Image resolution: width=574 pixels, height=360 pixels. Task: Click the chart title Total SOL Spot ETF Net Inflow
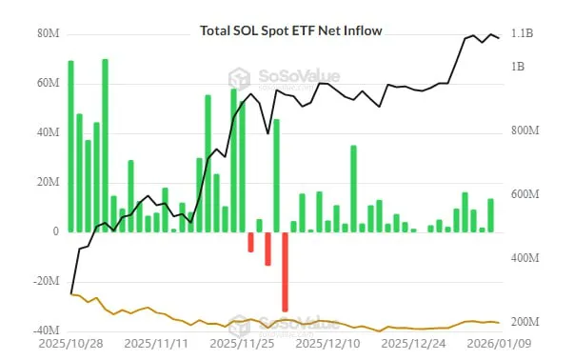click(x=290, y=30)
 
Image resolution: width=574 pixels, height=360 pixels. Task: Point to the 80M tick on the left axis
click(x=49, y=34)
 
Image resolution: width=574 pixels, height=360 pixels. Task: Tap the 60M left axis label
click(x=49, y=84)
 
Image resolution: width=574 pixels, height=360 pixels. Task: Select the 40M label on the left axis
click(x=49, y=133)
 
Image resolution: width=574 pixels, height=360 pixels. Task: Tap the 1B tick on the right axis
click(x=519, y=67)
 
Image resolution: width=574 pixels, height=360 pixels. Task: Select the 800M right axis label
click(x=525, y=130)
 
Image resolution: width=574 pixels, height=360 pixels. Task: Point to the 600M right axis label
click(x=525, y=194)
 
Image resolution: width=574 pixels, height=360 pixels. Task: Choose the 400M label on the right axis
click(x=525, y=258)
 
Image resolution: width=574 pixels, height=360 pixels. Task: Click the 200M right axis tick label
click(x=525, y=322)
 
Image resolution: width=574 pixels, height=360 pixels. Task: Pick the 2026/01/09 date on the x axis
click(x=497, y=343)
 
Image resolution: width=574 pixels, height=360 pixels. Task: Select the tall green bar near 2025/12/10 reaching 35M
click(x=353, y=189)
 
